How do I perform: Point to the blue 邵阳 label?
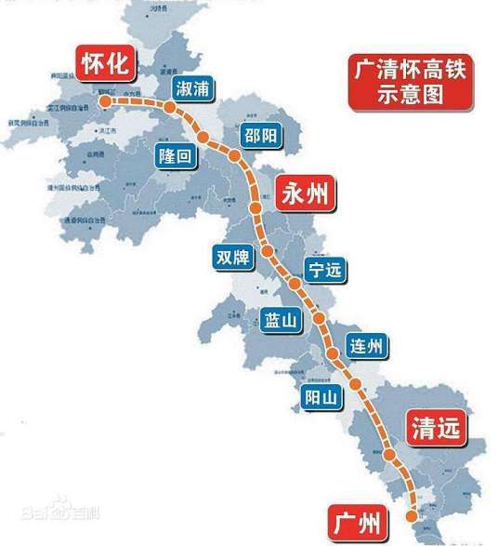(257, 134)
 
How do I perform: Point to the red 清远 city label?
(436, 427)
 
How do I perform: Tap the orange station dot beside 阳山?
(355, 383)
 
